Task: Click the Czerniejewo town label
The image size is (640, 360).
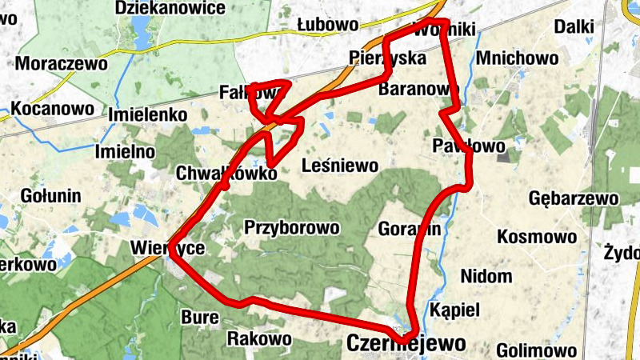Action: [406, 344]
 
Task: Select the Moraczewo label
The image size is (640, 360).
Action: [56, 63]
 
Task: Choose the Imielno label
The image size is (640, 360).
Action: [124, 151]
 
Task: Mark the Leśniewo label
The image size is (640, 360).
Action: [339, 166]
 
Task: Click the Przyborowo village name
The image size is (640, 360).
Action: [292, 227]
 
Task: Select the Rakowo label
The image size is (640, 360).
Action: [259, 338]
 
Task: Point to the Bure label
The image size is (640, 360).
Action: [200, 317]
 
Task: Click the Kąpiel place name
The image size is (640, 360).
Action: [454, 310]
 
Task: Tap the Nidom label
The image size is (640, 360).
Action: [486, 277]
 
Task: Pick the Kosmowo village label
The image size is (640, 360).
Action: [537, 237]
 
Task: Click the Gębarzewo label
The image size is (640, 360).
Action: [574, 198]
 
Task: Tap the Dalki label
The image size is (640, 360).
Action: [574, 27]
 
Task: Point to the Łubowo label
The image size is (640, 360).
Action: [327, 24]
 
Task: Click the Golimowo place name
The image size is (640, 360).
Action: [536, 350]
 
